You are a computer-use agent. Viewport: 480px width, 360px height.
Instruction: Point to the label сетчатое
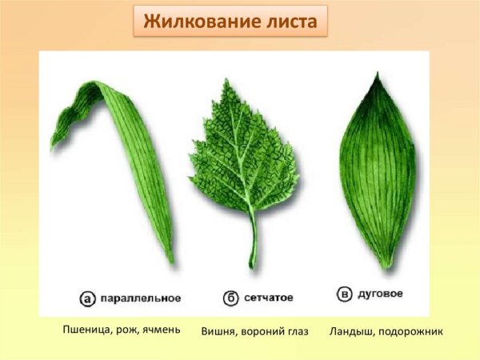269,298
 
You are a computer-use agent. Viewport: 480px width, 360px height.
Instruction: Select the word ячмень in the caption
159,329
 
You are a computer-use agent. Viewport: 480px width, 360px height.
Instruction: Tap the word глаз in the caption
295,330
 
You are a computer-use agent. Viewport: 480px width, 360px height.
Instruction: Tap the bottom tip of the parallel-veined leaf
172,261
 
